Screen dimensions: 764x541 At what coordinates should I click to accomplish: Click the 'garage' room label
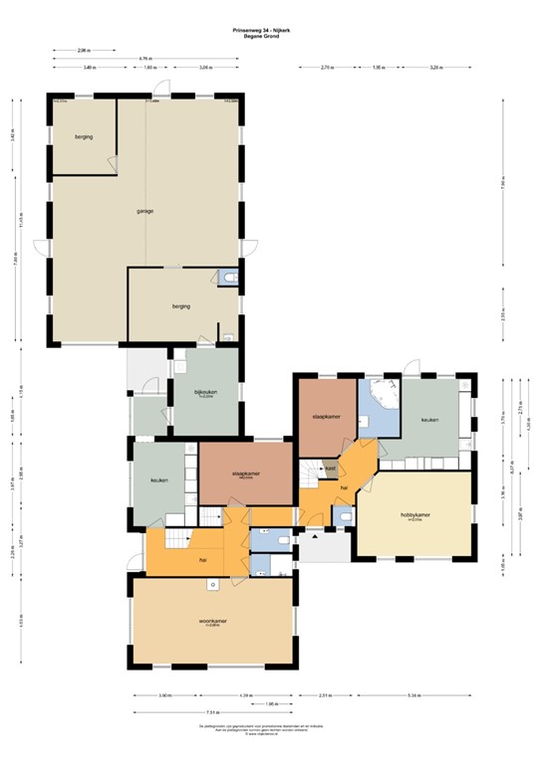coord(144,211)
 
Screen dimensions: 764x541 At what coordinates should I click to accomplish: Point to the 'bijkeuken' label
coord(206,392)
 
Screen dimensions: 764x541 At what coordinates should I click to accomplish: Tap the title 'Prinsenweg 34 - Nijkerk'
coord(270,30)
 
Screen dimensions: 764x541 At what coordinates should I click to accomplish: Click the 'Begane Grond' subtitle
coord(270,36)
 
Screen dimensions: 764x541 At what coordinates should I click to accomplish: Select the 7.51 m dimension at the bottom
coord(213,712)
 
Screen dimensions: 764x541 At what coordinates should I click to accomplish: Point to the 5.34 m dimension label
coord(413,694)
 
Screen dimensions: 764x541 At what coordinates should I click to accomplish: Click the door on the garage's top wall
coord(179,97)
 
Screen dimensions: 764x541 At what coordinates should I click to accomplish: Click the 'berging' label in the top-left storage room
coord(83,137)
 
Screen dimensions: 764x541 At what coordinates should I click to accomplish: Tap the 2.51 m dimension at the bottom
coord(326,694)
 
